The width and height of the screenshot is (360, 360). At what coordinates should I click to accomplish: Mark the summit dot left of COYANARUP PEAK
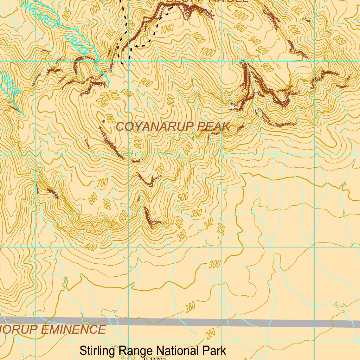[103, 121]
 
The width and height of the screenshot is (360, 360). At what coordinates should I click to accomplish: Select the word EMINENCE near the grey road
[73, 330]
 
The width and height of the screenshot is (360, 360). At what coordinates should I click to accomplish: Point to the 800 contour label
[171, 101]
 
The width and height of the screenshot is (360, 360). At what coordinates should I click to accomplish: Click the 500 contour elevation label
[183, 197]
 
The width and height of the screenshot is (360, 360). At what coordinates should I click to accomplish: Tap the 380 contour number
[197, 213]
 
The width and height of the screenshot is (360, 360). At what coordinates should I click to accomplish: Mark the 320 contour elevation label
[221, 229]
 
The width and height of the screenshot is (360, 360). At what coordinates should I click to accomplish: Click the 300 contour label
[214, 264]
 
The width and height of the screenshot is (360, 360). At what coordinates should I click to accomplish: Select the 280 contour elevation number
[189, 308]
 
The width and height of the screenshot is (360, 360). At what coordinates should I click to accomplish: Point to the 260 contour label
[211, 334]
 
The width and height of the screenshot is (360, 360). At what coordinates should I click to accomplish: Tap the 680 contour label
[93, 199]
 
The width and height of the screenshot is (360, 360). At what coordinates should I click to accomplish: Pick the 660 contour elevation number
[107, 204]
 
